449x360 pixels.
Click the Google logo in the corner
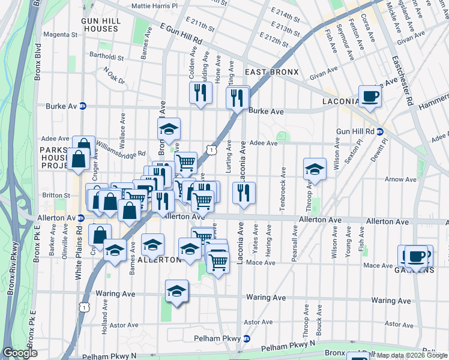click(20, 353)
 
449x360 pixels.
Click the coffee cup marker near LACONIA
click(370, 96)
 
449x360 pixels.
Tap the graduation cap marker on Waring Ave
click(176, 291)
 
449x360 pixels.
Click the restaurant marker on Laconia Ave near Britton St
click(243, 193)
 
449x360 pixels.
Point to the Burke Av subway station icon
click(83, 106)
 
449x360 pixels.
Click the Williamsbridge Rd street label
click(121, 148)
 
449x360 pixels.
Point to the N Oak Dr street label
click(113, 76)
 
